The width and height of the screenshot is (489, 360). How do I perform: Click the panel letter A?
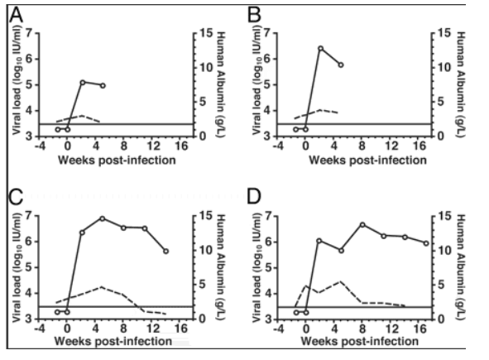pyautogui.click(x=16, y=15)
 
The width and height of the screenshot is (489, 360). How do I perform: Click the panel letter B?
pyautogui.click(x=254, y=15)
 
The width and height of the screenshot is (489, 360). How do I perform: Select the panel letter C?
pyautogui.click(x=16, y=197)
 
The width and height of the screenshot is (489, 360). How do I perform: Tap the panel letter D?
pyautogui.click(x=254, y=197)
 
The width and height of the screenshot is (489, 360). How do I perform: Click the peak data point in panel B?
pyautogui.click(x=320, y=48)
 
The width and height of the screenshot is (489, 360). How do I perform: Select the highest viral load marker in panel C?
pyautogui.click(x=103, y=218)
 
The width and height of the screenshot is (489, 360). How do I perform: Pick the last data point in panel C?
pyautogui.click(x=166, y=251)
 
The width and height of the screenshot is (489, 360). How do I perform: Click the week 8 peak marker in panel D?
pyautogui.click(x=362, y=224)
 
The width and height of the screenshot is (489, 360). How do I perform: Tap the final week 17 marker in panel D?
pyautogui.click(x=426, y=243)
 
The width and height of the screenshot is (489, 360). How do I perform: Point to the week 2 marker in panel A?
pyautogui.click(x=83, y=83)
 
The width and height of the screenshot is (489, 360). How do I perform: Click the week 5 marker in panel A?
pyautogui.click(x=103, y=85)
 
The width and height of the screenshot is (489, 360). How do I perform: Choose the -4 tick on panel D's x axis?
pyautogui.click(x=278, y=329)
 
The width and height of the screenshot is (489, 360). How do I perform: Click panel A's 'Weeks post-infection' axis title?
pyautogui.click(x=117, y=160)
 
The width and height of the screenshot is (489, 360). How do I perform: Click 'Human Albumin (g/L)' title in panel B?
pyautogui.click(x=461, y=84)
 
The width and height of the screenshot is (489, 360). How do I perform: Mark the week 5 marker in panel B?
pyautogui.click(x=341, y=65)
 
